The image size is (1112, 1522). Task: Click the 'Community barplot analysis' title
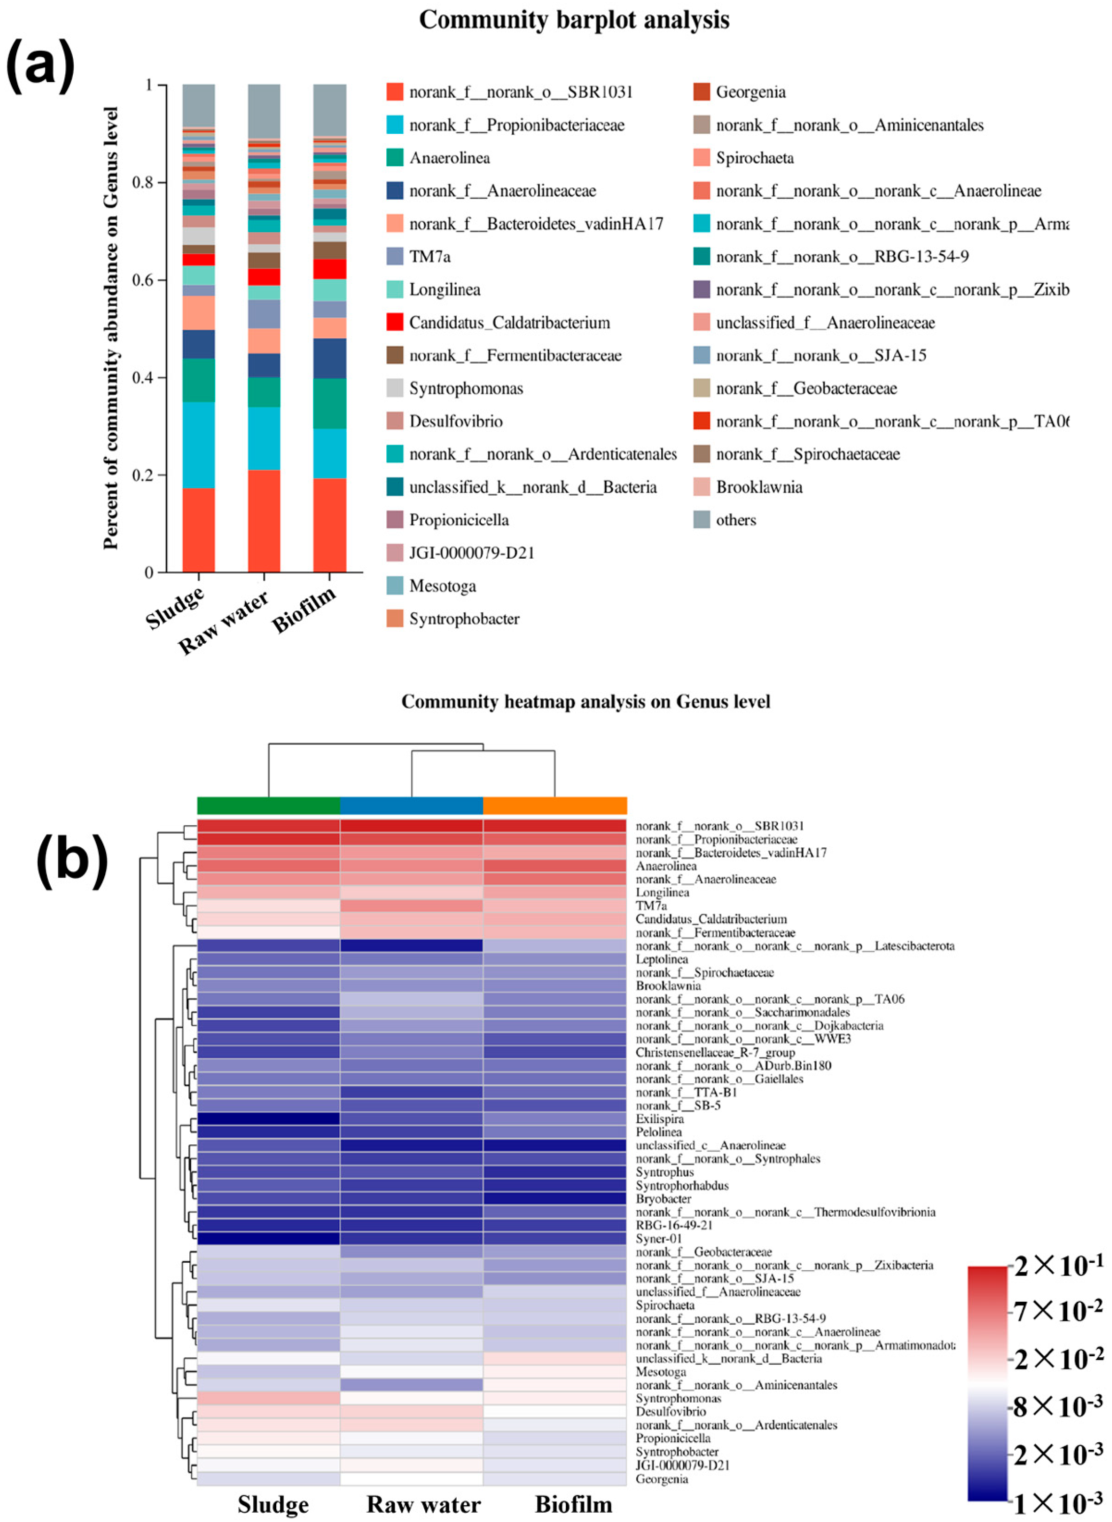tap(574, 20)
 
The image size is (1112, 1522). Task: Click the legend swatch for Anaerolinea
tap(395, 157)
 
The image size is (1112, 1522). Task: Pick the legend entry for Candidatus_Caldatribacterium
tap(510, 323)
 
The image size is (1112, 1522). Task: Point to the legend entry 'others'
tap(736, 520)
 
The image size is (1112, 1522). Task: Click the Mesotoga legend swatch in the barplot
tap(395, 586)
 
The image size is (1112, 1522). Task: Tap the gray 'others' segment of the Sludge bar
tap(199, 104)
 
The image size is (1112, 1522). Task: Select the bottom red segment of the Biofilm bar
tap(330, 525)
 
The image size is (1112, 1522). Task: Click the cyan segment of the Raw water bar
tap(264, 438)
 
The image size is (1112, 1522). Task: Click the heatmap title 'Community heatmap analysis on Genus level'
tap(585, 701)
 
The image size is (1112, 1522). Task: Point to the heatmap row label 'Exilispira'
tap(660, 1119)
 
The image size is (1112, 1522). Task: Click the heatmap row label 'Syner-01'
tap(659, 1239)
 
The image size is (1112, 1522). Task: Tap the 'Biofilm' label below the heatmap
tap(574, 1504)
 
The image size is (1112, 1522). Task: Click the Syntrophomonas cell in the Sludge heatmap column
tap(268, 1398)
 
